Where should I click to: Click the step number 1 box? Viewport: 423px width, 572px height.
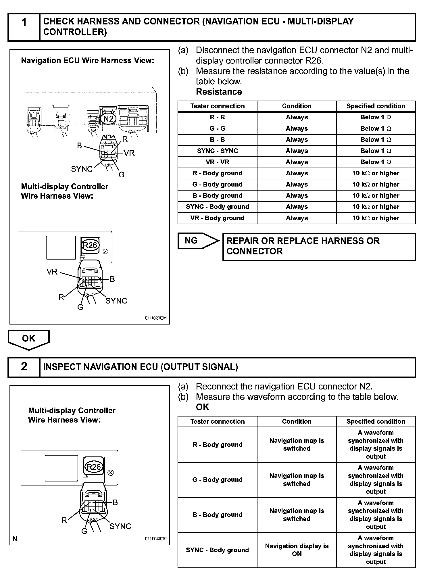24,27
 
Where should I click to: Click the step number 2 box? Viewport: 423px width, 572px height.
24,367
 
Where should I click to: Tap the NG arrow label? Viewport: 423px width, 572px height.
191,241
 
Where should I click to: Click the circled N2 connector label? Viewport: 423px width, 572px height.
108,119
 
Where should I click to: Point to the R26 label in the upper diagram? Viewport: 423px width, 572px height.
90,245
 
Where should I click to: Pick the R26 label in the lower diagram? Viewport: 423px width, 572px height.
94,467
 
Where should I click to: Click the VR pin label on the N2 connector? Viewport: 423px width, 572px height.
129,153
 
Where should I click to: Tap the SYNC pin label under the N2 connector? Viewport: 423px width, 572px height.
82,169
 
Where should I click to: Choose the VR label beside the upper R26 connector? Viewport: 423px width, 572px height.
52,272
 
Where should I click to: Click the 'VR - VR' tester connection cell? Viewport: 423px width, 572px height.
217,162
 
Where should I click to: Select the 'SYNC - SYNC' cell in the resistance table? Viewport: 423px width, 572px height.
217,151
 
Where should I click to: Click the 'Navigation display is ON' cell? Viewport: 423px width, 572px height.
297,550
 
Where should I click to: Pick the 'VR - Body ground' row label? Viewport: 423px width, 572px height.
217,218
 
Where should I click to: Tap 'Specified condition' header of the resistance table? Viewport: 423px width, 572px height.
376,106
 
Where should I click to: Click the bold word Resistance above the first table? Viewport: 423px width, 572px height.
219,92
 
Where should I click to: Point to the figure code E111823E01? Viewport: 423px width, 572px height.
155,318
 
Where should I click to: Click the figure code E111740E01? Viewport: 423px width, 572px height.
155,539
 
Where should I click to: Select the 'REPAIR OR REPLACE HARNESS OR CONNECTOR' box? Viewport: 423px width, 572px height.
319,246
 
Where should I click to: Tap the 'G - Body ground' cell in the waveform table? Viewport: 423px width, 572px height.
217,479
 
